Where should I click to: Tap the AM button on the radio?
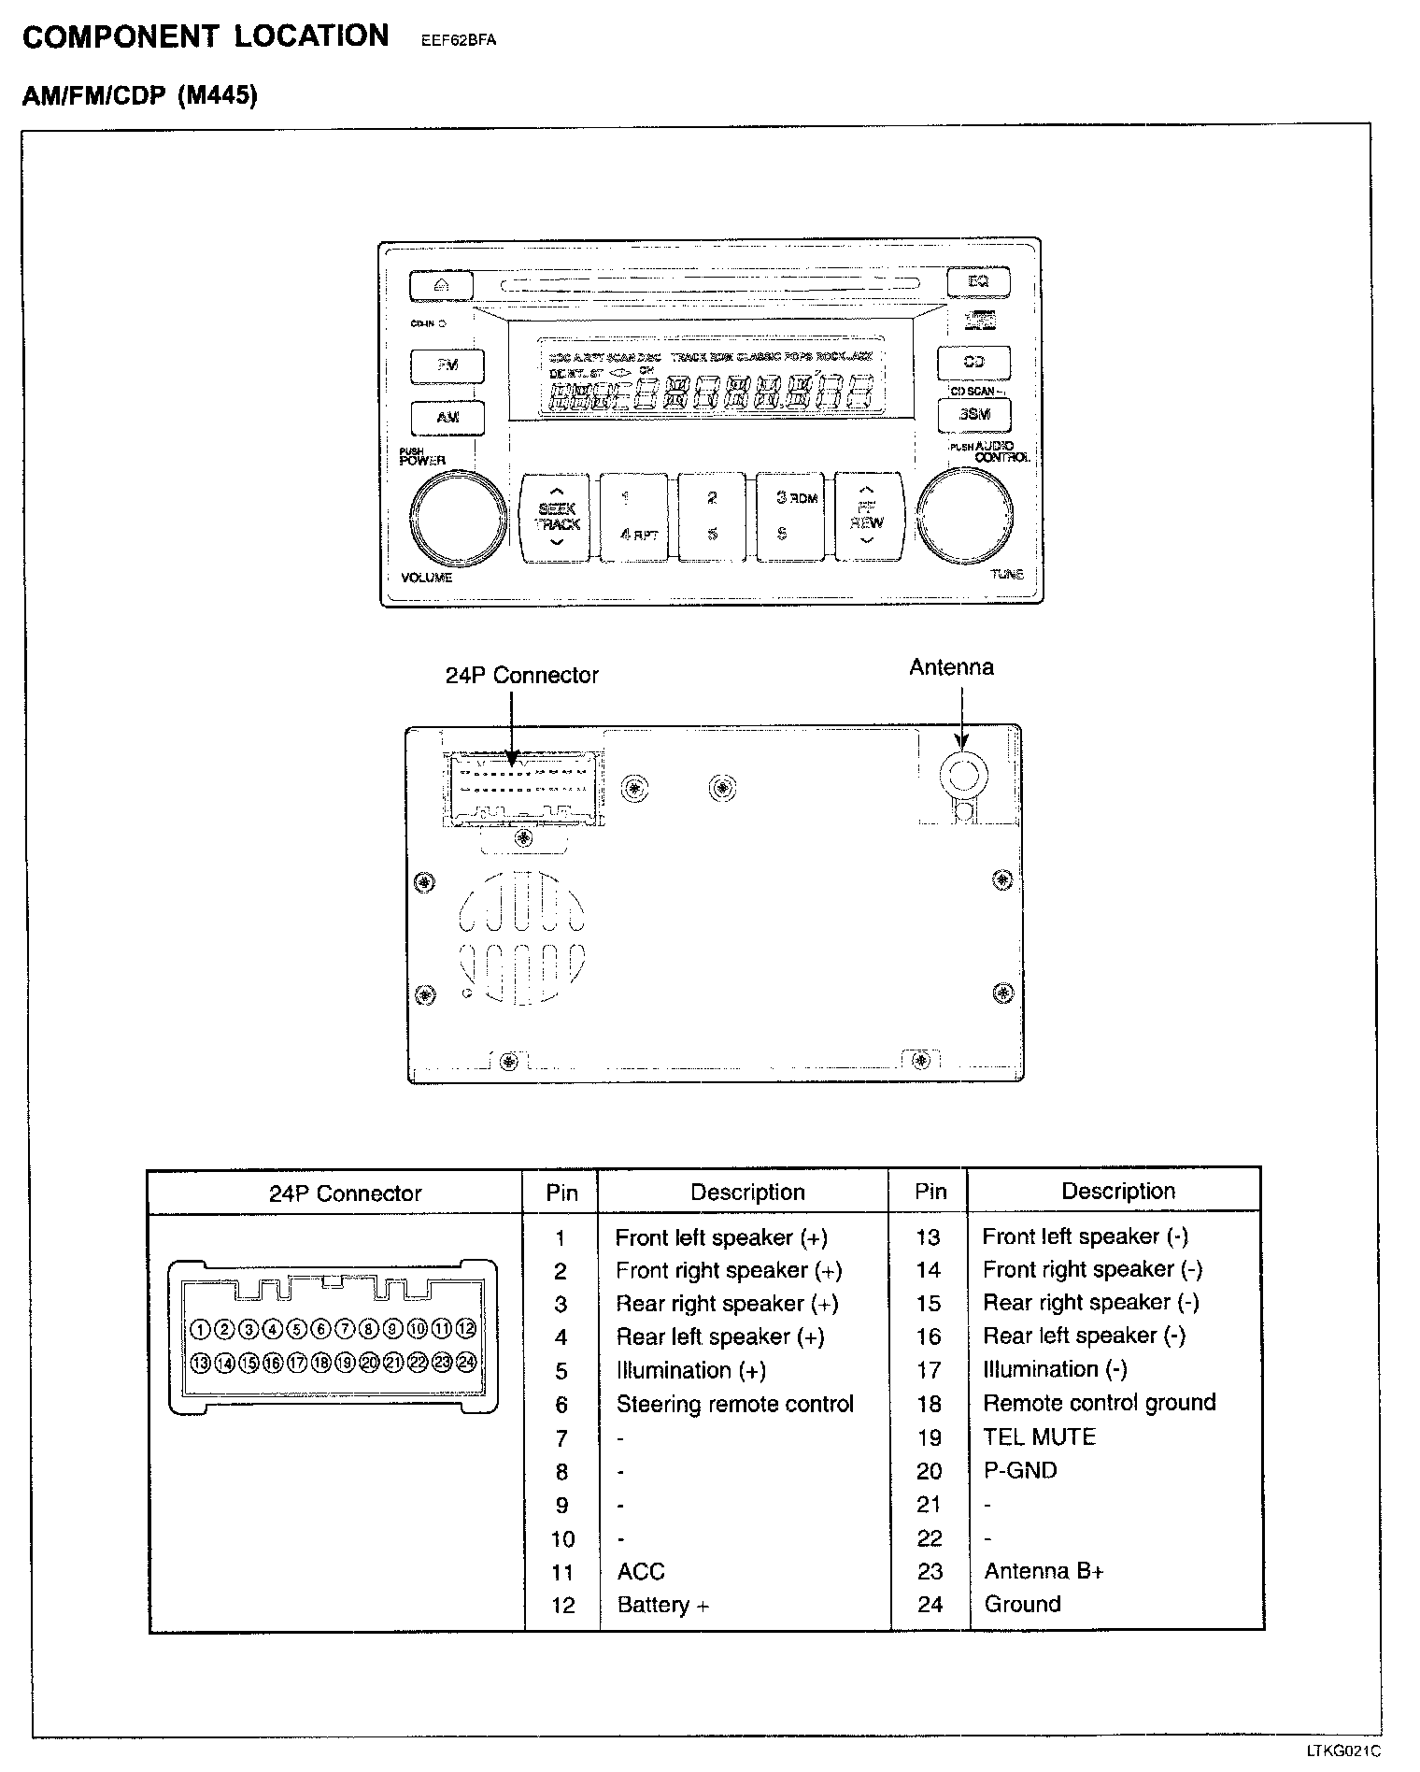pos(447,417)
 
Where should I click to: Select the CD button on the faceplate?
pos(974,362)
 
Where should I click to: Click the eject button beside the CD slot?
pos(441,285)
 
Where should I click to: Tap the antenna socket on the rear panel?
pos(963,773)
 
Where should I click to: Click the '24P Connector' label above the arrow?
pos(521,675)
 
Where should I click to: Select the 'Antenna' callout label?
pos(951,667)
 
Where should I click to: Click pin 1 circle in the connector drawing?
pos(200,1329)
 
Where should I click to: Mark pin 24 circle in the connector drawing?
pos(466,1362)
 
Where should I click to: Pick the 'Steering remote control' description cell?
pos(734,1404)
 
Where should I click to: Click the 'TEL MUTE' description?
pos(1039,1436)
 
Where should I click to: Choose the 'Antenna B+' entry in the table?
pos(1044,1571)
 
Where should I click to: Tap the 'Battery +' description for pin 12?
pos(662,1605)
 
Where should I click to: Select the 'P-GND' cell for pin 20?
pos(1019,1470)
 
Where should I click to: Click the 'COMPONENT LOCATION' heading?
pos(206,36)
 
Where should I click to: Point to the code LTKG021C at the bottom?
pos(1342,1751)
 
